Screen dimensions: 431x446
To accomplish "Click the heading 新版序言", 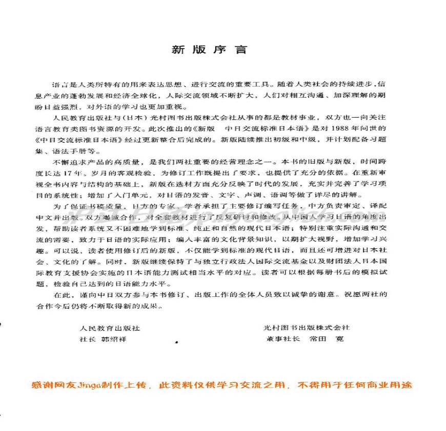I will click(209, 50).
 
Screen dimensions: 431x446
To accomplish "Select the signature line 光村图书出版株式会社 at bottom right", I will click(307, 328).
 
